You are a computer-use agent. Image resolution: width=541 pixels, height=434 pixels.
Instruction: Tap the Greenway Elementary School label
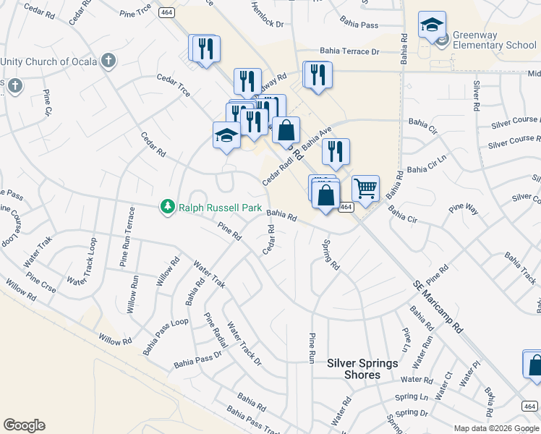pyautogui.click(x=495, y=40)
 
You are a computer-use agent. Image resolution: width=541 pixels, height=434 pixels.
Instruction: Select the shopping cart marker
pyautogui.click(x=366, y=189)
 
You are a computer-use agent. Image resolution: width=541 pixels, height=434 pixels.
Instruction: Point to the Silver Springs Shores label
pyautogui.click(x=363, y=369)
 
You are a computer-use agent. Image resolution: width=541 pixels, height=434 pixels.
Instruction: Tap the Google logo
pyautogui.click(x=24, y=425)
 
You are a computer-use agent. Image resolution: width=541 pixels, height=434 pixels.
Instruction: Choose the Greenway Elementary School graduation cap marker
pyautogui.click(x=432, y=26)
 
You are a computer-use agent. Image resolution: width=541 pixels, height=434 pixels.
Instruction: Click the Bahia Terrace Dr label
pyautogui.click(x=350, y=52)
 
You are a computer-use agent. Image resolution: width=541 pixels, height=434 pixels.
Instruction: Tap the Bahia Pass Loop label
pyautogui.click(x=165, y=336)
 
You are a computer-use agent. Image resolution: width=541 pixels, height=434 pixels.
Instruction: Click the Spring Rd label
pyautogui.click(x=331, y=255)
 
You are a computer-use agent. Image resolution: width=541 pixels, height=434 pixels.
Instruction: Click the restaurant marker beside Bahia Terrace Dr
pyautogui.click(x=318, y=75)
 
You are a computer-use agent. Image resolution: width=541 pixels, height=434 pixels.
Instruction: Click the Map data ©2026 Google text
pyautogui.click(x=496, y=427)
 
